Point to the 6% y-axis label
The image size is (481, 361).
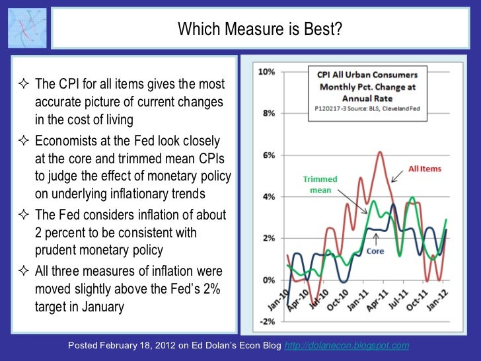(268, 155)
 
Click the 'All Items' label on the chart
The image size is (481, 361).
(425, 169)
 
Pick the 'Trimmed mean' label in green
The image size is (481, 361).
(320, 184)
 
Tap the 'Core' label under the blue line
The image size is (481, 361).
(375, 251)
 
